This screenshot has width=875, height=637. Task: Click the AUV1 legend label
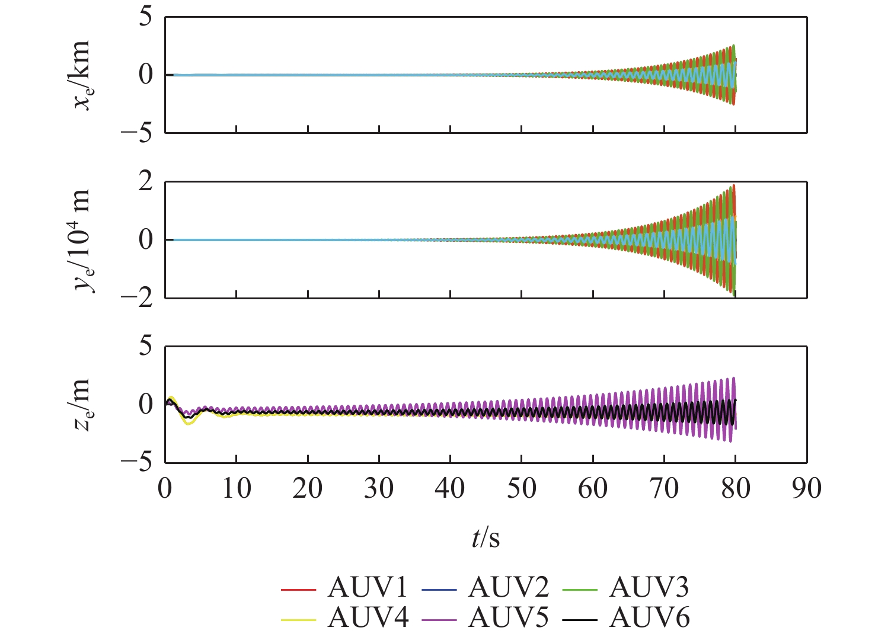coord(368,588)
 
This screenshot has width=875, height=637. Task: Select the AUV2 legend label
coord(509,588)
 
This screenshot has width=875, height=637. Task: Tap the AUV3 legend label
coord(650,588)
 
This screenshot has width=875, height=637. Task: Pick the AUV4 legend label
coord(368,618)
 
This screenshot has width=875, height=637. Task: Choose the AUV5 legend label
coord(509,618)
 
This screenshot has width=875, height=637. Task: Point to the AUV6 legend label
coord(650,618)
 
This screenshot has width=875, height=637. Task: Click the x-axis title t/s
coord(486,538)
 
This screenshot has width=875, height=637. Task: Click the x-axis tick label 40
coord(450,489)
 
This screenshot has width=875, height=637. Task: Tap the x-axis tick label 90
coord(807,489)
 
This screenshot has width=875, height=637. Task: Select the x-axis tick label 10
coord(236,489)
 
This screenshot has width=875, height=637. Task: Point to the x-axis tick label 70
coord(664,489)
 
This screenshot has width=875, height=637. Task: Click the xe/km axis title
coord(82,75)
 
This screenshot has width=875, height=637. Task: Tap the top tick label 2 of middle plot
coord(145,183)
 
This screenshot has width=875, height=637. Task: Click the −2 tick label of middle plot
coord(137,297)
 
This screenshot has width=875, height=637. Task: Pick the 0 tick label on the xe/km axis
coord(145,75)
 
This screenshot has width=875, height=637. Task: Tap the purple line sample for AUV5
coord(439,620)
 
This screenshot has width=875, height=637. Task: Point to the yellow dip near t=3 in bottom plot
coord(189,423)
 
